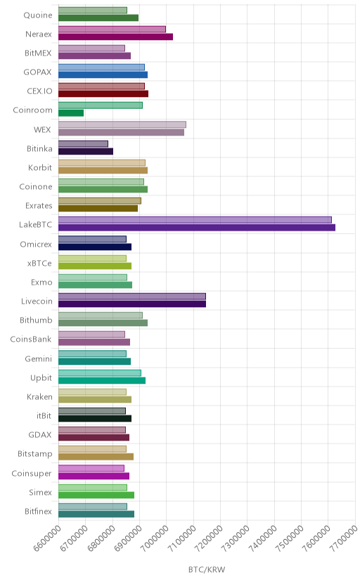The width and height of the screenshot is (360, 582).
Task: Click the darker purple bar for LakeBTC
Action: coord(197,228)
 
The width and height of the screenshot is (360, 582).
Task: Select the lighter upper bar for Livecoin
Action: coord(132,296)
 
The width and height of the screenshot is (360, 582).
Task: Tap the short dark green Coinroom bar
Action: coord(71,113)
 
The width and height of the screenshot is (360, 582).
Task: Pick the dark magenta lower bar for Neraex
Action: coord(115,37)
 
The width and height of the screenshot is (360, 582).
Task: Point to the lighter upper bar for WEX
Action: coord(122,124)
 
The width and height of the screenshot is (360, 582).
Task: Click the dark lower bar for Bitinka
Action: coord(86,151)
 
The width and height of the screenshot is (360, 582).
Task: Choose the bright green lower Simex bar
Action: coord(96,495)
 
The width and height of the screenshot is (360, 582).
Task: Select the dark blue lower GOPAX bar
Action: coord(103,75)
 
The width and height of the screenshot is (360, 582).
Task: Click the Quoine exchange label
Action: coord(38,15)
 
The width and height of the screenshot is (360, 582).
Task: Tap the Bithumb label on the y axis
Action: coord(36,321)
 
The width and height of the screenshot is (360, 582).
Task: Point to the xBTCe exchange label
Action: coord(39,263)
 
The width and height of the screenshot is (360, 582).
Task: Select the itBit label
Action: coord(44,415)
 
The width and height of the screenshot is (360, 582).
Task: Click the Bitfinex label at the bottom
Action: coord(38,511)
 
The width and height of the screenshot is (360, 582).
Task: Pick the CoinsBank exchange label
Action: coord(31,339)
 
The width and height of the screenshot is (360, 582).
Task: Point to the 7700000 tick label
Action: coord(344,538)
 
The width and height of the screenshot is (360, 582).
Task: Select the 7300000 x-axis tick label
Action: coord(236,538)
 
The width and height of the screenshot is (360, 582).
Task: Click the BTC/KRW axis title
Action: coord(207,570)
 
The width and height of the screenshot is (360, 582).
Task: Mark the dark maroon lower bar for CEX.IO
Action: coord(103,94)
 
